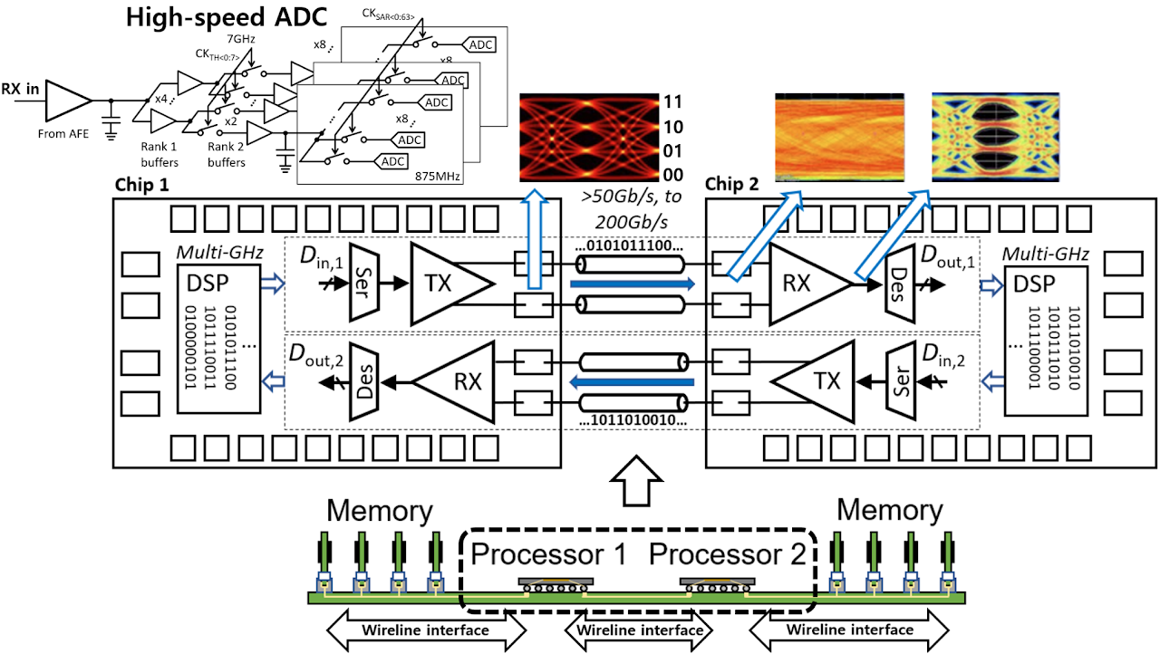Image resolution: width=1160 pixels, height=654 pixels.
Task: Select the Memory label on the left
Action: pyautogui.click(x=379, y=510)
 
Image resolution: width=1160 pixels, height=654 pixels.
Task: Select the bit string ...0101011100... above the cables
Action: pyautogui.click(x=630, y=245)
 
